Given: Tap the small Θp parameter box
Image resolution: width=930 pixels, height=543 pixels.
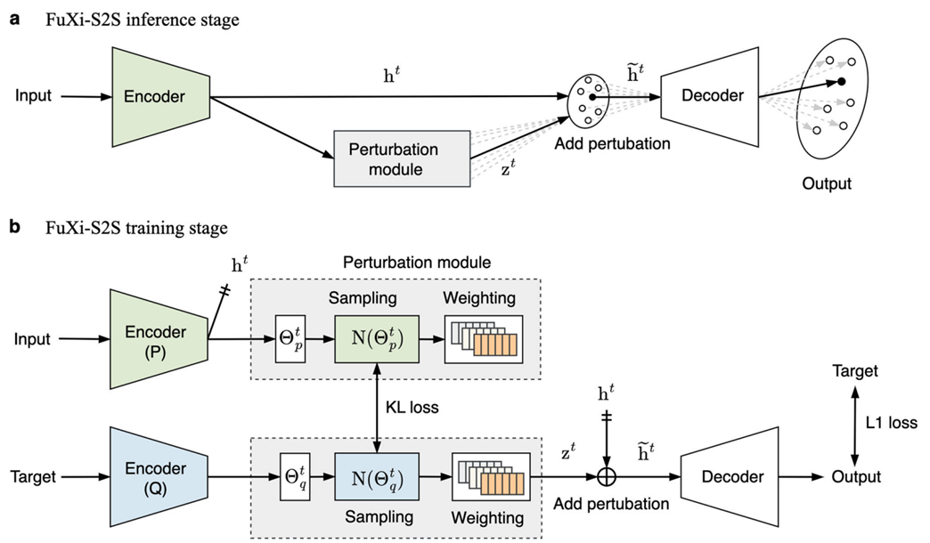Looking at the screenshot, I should (x=290, y=339).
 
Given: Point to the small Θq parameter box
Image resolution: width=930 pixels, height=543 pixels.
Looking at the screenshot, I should (x=290, y=476).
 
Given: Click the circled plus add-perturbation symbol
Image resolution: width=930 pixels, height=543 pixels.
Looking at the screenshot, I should (x=608, y=477).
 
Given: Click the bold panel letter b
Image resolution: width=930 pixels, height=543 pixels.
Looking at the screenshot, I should (x=14, y=228).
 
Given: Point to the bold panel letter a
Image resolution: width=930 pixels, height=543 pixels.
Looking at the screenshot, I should (x=14, y=20).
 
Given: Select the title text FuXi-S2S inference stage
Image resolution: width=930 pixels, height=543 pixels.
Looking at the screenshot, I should (x=143, y=20).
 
